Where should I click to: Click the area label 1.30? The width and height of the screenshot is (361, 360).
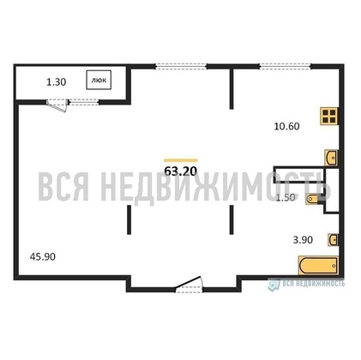[57, 82]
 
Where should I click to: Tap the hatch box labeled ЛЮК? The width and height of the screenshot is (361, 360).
[99, 80]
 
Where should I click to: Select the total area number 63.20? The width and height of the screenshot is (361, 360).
[181, 171]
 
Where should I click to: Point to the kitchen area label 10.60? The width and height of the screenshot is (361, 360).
[286, 126]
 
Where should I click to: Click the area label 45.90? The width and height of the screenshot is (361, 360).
[43, 256]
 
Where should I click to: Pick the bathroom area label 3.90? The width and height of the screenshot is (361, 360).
[303, 240]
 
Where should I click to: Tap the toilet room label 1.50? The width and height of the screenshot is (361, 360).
[286, 197]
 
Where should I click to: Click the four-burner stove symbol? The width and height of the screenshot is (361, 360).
[329, 116]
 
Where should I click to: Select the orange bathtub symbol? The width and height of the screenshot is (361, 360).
[318, 266]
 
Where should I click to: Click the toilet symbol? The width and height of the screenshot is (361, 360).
[311, 199]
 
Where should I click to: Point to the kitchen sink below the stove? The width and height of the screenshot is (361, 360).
[332, 158]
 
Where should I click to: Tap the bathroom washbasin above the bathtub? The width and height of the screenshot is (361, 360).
[334, 239]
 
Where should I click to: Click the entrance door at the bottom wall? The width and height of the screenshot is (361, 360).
[189, 285]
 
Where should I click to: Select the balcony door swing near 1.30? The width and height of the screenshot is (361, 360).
[57, 105]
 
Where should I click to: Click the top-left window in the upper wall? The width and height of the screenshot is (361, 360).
[181, 67]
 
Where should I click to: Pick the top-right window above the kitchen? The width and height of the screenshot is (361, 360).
[285, 67]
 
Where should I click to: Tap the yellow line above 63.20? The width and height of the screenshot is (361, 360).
[181, 160]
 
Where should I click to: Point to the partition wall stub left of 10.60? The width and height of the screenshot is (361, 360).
[232, 89]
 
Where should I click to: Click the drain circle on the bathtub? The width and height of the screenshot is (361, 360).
[334, 266]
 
